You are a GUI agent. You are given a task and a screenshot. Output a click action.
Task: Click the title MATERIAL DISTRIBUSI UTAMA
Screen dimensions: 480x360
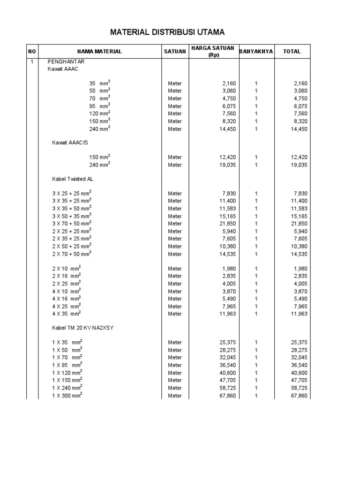click(x=167, y=32)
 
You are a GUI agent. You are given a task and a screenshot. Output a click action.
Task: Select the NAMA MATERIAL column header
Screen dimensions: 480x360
click(x=99, y=52)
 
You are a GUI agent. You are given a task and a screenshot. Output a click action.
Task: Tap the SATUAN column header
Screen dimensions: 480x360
click(x=175, y=52)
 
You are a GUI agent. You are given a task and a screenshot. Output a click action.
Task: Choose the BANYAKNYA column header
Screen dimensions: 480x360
click(x=256, y=52)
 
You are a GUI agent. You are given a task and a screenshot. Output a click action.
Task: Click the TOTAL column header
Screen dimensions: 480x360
click(x=292, y=52)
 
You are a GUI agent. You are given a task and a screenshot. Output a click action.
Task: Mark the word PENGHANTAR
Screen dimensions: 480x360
click(x=66, y=61)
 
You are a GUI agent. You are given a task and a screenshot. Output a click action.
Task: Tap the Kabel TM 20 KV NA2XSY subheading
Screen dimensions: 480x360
click(x=82, y=328)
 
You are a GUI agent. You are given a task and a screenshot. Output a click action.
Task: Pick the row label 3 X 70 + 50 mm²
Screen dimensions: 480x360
click(x=72, y=224)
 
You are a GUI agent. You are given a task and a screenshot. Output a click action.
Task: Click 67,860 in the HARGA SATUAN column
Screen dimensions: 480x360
click(x=225, y=396)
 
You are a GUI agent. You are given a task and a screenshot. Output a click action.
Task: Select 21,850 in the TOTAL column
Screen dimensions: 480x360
click(x=299, y=224)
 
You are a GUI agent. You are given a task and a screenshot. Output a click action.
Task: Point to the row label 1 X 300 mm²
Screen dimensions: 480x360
click(x=67, y=396)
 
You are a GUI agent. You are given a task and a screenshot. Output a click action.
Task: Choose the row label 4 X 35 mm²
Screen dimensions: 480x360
click(x=66, y=314)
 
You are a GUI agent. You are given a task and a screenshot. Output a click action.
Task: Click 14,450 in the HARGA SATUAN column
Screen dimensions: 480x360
click(x=225, y=129)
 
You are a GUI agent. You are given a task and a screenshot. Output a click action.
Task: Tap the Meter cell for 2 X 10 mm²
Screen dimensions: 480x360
click(x=175, y=269)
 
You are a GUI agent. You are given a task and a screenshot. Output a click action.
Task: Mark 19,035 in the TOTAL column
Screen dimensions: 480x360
click(x=299, y=165)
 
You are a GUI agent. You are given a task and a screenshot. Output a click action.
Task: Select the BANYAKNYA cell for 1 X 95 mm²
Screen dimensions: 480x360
click(x=256, y=365)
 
